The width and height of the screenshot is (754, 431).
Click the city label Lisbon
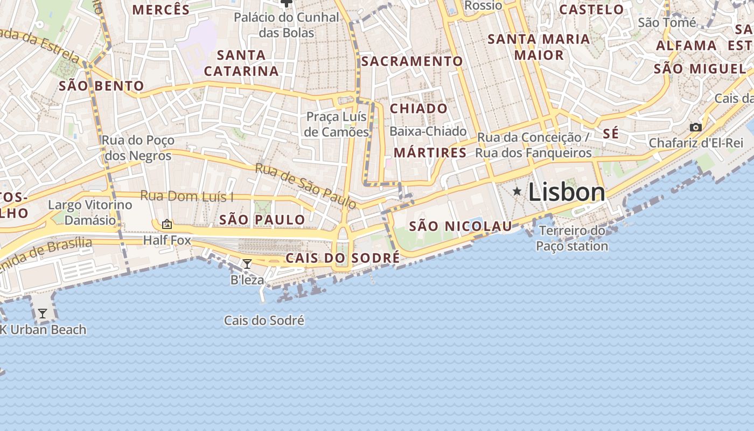point(567,192)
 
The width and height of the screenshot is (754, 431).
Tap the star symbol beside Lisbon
point(517,191)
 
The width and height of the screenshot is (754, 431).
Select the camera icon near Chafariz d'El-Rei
point(696,128)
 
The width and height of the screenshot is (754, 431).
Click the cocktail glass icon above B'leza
point(247,264)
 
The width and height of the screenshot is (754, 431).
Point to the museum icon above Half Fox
point(167,224)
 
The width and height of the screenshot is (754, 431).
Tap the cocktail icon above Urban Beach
point(43,313)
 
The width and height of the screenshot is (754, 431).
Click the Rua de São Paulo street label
point(305,186)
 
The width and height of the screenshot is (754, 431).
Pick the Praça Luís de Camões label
point(337,124)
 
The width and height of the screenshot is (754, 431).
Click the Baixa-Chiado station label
point(428,131)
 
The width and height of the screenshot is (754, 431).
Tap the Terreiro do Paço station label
point(572,239)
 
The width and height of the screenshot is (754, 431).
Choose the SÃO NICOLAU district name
point(460,226)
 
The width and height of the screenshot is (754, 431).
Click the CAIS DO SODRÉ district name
point(343,258)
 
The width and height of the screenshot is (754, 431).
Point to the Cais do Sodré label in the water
point(264,321)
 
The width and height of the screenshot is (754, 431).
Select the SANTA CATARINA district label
point(241,63)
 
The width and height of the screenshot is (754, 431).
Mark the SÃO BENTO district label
point(101,86)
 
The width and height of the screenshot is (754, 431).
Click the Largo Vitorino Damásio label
point(90,212)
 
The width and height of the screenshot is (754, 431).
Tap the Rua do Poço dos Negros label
point(138,148)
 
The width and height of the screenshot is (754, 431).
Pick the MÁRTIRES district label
point(430,152)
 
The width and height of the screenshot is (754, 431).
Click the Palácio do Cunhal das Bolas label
point(287,25)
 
